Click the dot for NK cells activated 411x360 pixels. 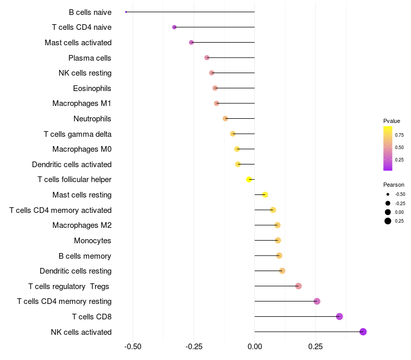(363, 332)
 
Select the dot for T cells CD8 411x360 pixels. (339, 316)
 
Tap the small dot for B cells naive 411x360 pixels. (126, 12)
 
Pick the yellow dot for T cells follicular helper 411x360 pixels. (249, 179)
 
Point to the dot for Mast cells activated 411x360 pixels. (191, 42)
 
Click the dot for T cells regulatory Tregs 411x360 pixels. (298, 286)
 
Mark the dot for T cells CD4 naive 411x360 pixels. (174, 27)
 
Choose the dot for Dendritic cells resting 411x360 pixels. (282, 271)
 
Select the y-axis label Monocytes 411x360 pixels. (92, 241)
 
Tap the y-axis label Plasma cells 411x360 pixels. (90, 58)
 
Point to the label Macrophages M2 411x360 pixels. (82, 225)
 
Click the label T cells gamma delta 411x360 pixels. (78, 134)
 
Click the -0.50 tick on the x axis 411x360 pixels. (133, 347)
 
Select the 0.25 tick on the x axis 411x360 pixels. (315, 347)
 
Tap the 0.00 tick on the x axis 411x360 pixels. (255, 347)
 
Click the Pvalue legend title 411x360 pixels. (391, 121)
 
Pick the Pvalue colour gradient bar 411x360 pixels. (388, 148)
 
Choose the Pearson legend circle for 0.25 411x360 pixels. (388, 221)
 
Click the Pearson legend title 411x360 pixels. (394, 185)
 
